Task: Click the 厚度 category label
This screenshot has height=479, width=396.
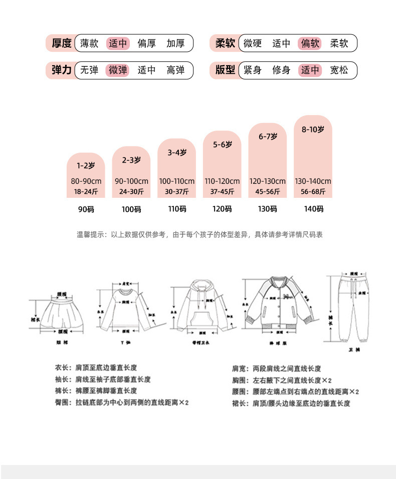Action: (62, 43)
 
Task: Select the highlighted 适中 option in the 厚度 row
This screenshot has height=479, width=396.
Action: (118, 43)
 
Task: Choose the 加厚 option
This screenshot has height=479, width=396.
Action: (175, 43)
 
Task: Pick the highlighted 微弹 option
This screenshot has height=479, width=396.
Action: (118, 70)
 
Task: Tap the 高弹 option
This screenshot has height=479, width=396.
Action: (175, 70)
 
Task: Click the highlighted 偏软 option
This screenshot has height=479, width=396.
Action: (310, 43)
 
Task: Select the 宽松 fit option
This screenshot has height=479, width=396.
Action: (339, 70)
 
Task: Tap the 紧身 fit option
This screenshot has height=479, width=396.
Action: (253, 70)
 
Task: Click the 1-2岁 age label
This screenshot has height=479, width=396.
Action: (86, 165)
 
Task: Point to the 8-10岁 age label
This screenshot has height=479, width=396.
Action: (313, 130)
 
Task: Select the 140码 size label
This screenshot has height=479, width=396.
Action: (313, 209)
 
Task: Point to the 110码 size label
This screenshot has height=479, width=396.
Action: (176, 209)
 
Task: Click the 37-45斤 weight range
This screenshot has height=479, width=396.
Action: (222, 191)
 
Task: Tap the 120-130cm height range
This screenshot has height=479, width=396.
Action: (268, 181)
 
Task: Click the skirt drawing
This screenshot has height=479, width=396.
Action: (62, 314)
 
